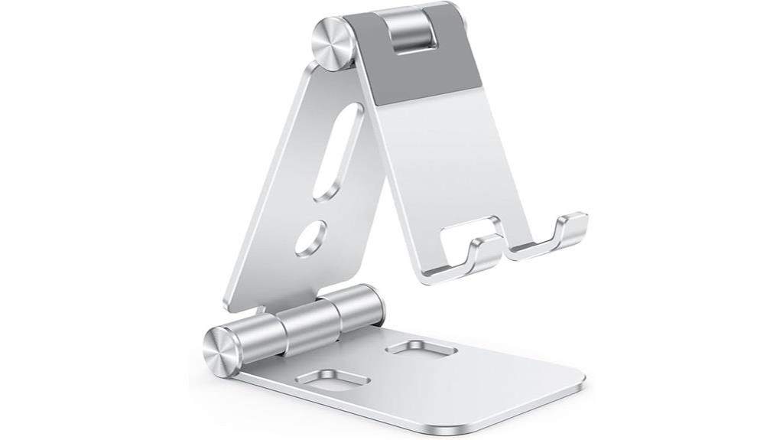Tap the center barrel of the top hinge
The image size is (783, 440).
coord(408,32)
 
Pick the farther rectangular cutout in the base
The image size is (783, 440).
coord(421,349)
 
